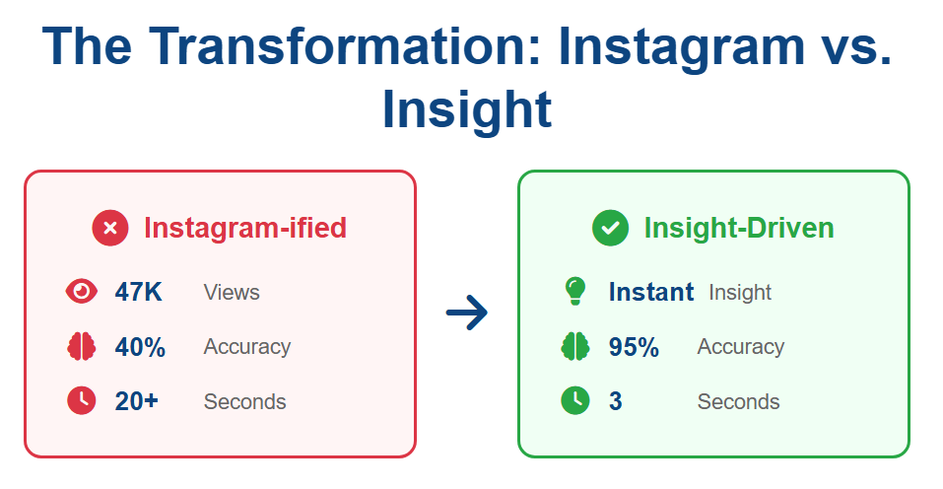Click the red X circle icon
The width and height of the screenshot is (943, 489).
tap(110, 228)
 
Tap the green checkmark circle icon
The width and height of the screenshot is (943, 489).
tap(610, 228)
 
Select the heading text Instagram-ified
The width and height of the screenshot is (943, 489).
tap(245, 228)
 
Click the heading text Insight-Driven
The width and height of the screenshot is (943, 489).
tap(739, 228)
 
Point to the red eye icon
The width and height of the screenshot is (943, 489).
tap(81, 292)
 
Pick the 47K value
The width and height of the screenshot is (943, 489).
tap(138, 293)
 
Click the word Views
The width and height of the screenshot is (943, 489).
tap(232, 293)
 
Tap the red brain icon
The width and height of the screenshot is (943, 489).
tap(81, 346)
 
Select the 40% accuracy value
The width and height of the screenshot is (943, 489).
tap(140, 347)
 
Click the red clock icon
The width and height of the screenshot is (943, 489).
tap(81, 400)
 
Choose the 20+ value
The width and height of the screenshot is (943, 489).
tap(137, 401)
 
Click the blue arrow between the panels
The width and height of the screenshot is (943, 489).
tap(467, 313)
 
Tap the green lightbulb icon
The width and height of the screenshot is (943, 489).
tap(574, 291)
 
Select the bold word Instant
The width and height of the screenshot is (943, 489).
tap(651, 293)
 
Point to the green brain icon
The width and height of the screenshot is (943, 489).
tap(574, 346)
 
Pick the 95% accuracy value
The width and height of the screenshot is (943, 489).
tap(634, 347)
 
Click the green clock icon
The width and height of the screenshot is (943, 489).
tap(574, 400)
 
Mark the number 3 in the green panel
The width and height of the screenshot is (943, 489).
tap(615, 401)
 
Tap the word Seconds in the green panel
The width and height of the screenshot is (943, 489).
tap(738, 402)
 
